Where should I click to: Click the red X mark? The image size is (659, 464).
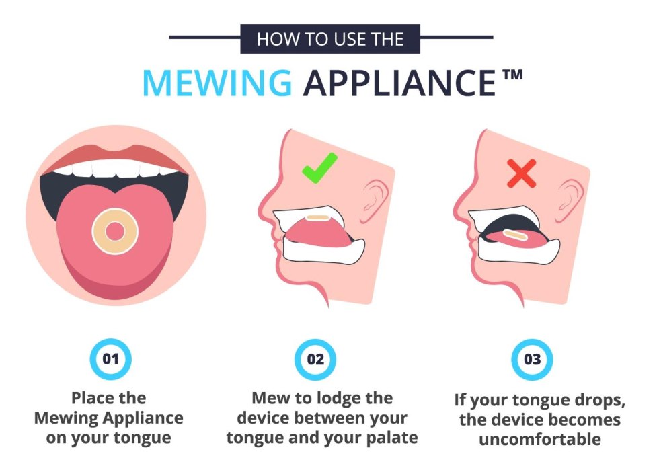[x=522, y=173]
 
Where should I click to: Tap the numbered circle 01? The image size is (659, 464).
[x=110, y=358]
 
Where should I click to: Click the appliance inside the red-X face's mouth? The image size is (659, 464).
[x=516, y=235]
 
